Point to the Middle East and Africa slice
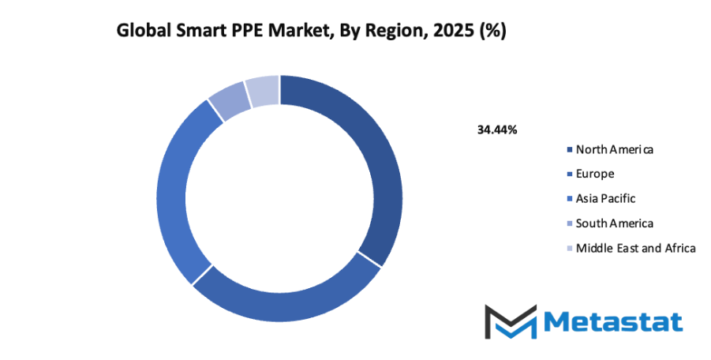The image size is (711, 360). (263, 91)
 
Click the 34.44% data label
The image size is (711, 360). (497, 129)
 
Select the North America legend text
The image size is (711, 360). (615, 149)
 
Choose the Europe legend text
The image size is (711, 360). (595, 174)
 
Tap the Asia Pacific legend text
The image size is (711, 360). (605, 198)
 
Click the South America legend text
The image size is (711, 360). (615, 223)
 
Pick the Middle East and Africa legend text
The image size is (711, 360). (636, 248)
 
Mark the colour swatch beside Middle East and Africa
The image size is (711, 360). (570, 249)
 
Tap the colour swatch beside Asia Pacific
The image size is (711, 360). (570, 199)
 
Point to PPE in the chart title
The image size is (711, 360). (245, 32)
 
